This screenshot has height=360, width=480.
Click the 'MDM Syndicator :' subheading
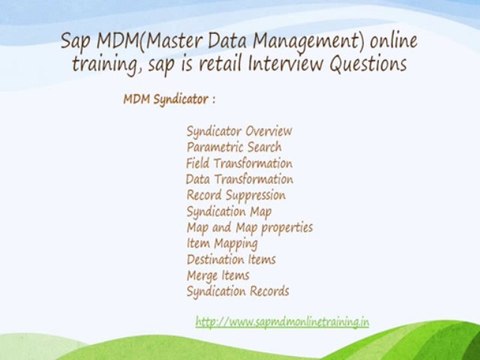tap(169, 101)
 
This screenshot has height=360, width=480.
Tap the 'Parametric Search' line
tap(234, 147)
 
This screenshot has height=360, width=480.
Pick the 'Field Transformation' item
tap(239, 163)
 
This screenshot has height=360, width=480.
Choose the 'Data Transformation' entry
tap(239, 179)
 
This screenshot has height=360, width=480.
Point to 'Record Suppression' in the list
tap(236, 195)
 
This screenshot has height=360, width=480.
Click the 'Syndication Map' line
tap(229, 211)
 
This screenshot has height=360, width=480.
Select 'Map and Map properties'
tap(250, 227)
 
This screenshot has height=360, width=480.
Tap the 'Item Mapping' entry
tap(222, 243)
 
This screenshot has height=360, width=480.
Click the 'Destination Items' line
tap(231, 259)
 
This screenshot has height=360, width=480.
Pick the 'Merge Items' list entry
tap(218, 275)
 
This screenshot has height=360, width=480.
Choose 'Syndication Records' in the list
tap(238, 291)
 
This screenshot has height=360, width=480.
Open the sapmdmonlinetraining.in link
tap(282, 322)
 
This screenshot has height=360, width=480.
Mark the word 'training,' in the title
tap(111, 65)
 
